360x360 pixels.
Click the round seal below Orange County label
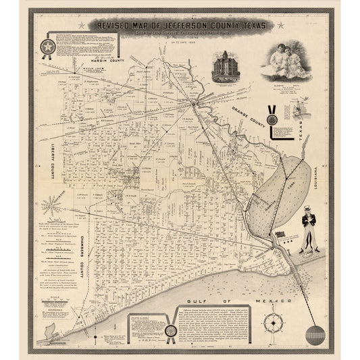tap(272, 120)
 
